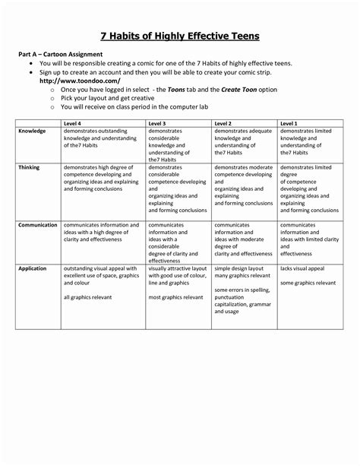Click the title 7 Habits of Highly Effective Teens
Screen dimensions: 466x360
[x=181, y=36]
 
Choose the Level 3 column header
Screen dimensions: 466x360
[x=159, y=122]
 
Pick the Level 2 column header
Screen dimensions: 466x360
[x=224, y=122]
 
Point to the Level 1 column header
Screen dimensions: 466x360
[x=289, y=122]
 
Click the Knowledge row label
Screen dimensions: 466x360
[x=33, y=132]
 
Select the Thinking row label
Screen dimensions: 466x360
[x=30, y=167]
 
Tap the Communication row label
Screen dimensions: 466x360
[x=38, y=226]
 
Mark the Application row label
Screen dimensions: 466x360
[x=33, y=268]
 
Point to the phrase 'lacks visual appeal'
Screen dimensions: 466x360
[x=302, y=269]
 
